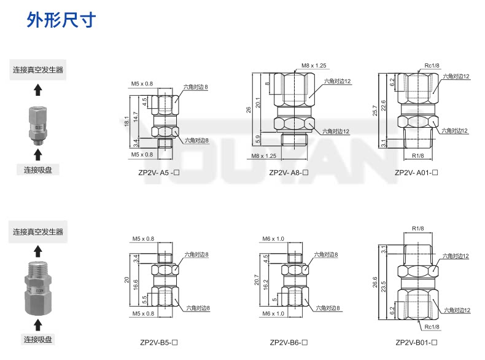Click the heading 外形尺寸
[61, 20]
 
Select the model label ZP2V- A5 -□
[158, 173]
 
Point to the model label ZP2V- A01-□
[416, 173]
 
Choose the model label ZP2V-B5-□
[158, 342]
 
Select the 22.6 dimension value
[384, 106]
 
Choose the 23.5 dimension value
[384, 286]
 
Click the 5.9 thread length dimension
[258, 138]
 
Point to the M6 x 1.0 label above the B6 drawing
[274, 238]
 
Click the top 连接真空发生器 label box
[38, 70]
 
